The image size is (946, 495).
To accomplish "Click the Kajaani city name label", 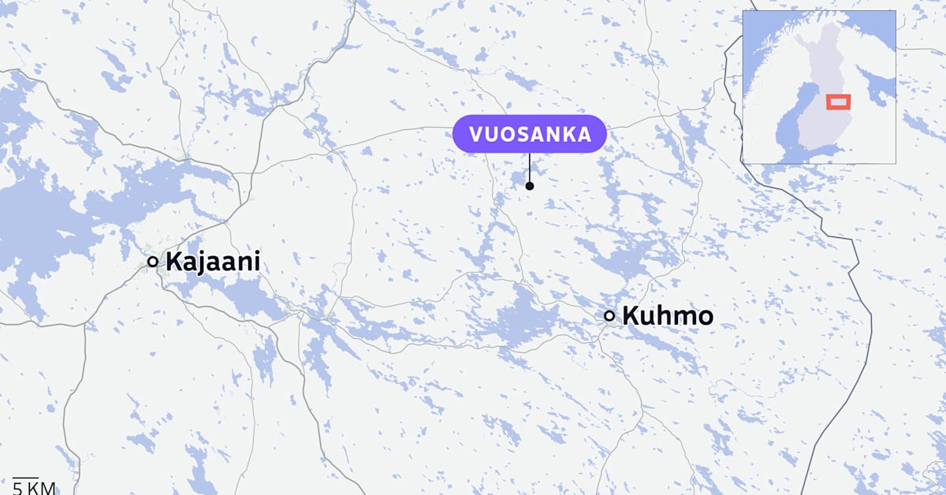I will (x=212, y=262).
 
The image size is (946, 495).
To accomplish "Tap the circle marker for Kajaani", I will (x=153, y=262).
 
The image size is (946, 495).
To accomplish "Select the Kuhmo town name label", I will (x=668, y=316).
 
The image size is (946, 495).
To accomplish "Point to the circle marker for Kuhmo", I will (x=609, y=316).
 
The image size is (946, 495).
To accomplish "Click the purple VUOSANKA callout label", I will (x=529, y=134).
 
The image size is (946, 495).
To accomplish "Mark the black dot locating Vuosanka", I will (x=530, y=186).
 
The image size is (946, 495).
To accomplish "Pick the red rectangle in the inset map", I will (x=838, y=101).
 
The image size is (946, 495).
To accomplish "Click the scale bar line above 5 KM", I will (x=26, y=477).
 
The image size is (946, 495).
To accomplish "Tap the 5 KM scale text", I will (x=34, y=488).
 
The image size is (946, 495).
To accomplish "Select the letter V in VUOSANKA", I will (x=475, y=134).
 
